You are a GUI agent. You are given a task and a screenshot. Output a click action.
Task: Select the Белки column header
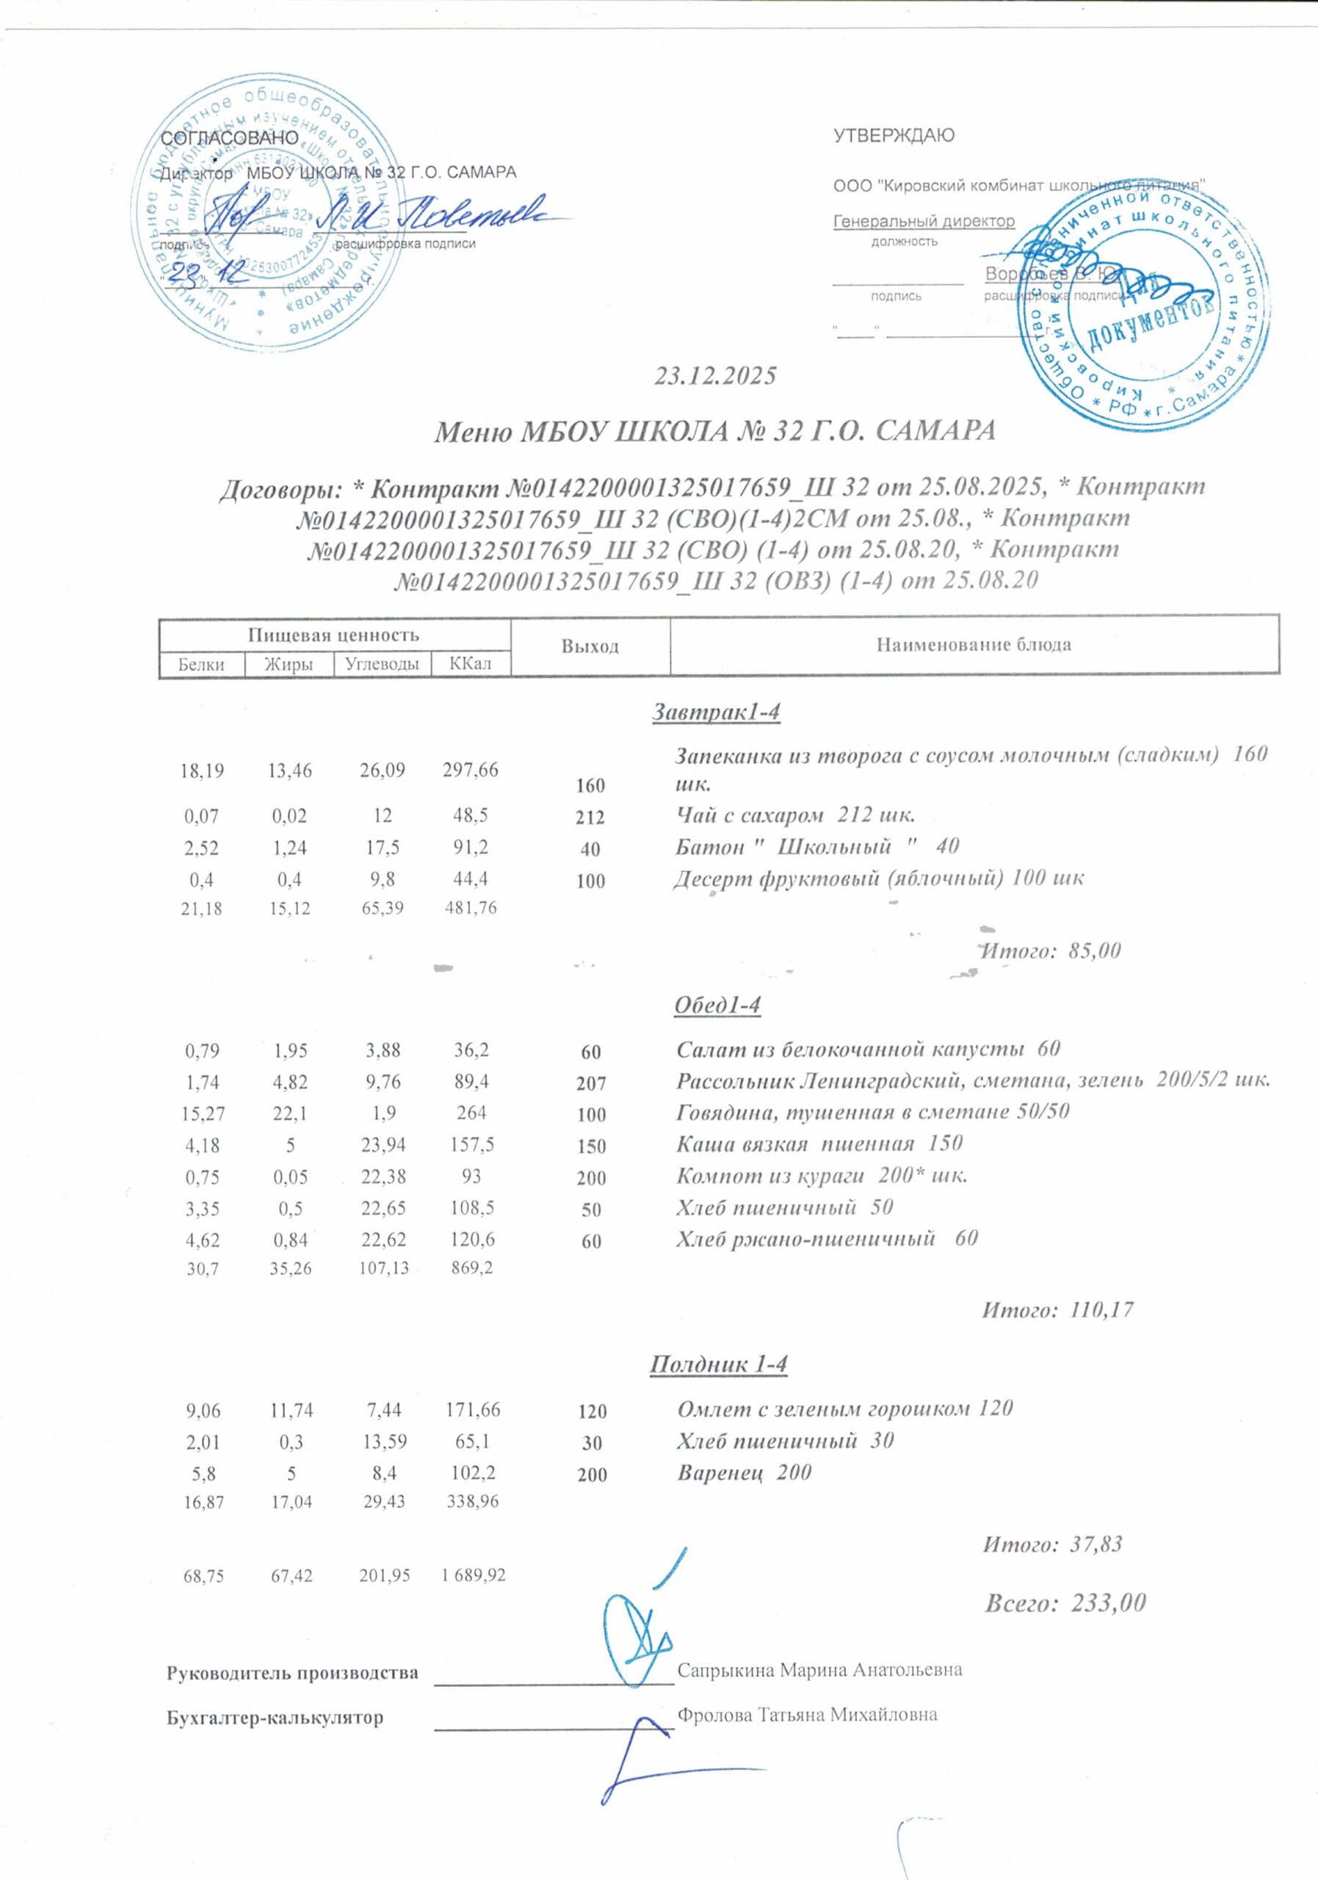click(201, 664)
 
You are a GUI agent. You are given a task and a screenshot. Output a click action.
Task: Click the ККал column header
click(471, 664)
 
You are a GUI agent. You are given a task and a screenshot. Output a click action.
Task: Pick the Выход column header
click(590, 647)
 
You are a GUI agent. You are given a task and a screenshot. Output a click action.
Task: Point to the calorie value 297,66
click(471, 770)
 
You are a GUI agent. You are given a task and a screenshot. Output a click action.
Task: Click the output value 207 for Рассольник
click(591, 1084)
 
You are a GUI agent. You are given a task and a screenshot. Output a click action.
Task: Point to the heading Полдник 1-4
click(718, 1365)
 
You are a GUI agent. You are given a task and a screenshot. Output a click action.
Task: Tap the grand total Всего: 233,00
click(1064, 1602)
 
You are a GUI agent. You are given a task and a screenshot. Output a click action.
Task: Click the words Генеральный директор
click(924, 221)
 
